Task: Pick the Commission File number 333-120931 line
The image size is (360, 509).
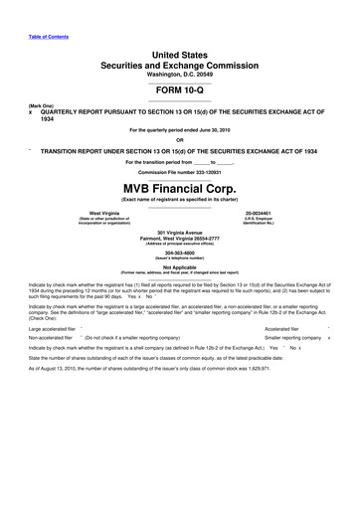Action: pos(180,172)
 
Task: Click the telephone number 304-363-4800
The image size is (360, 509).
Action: pos(180,252)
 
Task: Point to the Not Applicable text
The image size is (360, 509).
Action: pos(180,266)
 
